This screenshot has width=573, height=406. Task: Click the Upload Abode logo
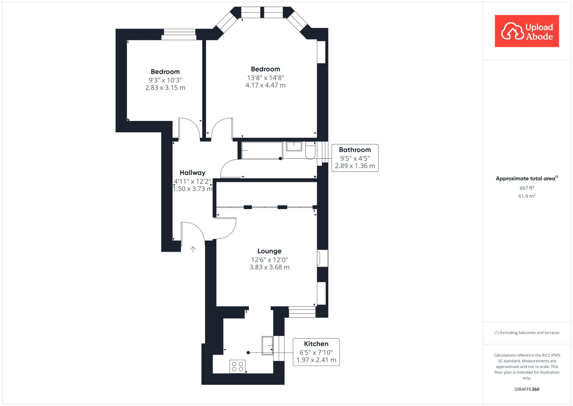pyautogui.click(x=527, y=31)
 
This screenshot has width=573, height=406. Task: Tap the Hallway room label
pyautogui.click(x=192, y=173)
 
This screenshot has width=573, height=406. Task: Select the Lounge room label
pyautogui.click(x=269, y=251)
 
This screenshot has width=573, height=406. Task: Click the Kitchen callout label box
pyautogui.click(x=316, y=352)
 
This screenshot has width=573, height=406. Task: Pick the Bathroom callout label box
pyautogui.click(x=355, y=158)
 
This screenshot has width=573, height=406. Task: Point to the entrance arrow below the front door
pyautogui.click(x=193, y=249)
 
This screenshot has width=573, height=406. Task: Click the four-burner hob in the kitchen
pyautogui.click(x=238, y=366)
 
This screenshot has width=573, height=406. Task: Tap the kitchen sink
pyautogui.click(x=267, y=345)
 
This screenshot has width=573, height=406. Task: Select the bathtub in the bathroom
pyautogui.click(x=262, y=151)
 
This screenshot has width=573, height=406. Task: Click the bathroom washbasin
pyautogui.click(x=294, y=146)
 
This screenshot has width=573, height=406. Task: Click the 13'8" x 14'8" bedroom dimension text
pyautogui.click(x=265, y=78)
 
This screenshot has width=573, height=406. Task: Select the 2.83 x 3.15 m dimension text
pyautogui.click(x=165, y=88)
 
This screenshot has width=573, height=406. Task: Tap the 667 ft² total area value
pyautogui.click(x=527, y=188)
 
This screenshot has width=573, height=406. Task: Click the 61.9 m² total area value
pyautogui.click(x=527, y=196)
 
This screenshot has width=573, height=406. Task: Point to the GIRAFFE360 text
pyautogui.click(x=527, y=389)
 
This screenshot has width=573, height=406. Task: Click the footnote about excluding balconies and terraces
pyautogui.click(x=527, y=333)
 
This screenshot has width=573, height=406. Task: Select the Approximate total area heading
pyautogui.click(x=527, y=178)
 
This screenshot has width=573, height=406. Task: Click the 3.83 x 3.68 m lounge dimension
pyautogui.click(x=269, y=267)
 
